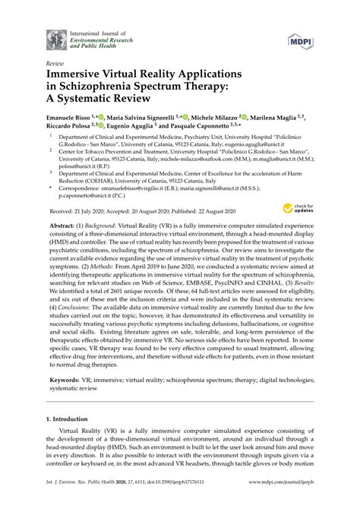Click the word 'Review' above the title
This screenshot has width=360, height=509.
55,66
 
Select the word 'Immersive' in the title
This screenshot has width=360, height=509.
81,77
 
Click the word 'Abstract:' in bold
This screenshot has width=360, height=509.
64,228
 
